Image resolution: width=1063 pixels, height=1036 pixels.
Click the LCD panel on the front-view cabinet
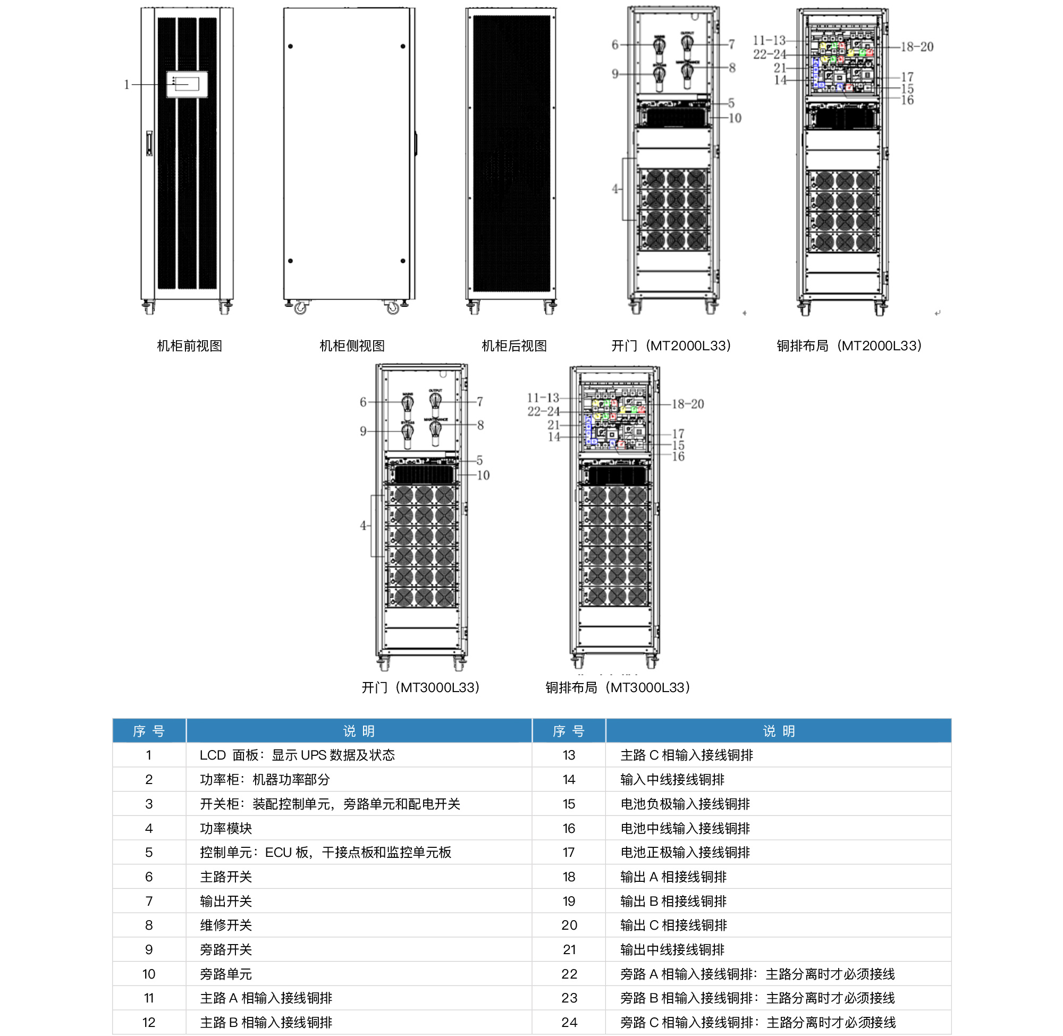pos(187,85)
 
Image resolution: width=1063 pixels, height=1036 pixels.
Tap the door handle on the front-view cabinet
pos(149,143)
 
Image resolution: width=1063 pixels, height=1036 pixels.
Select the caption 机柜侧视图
pos(351,346)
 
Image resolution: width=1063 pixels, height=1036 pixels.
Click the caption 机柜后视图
pos(514,346)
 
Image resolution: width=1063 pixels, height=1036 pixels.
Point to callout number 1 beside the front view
pos(126,85)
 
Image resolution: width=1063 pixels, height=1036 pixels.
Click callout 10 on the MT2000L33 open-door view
pos(735,118)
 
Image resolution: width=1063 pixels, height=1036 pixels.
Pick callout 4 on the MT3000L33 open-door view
pos(363,526)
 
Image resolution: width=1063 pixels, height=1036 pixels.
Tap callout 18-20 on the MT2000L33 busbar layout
pos(917,47)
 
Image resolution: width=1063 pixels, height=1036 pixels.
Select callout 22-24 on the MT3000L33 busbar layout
pos(543,411)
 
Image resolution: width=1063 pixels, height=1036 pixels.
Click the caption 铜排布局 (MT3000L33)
pos(618,688)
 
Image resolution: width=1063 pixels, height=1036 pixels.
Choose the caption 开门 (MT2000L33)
pos(671,346)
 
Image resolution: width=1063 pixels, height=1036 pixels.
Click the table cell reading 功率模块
pos(226,828)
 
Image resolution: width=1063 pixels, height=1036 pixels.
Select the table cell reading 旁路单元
pos(226,974)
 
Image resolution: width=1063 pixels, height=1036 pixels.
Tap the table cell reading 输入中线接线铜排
pos(672,780)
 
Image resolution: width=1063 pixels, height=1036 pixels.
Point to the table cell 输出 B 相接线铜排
pos(673,901)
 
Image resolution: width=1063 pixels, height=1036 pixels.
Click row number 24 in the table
pos(569,1022)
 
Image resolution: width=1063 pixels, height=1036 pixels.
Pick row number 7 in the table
pos(148,901)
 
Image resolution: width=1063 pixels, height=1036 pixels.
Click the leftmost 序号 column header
pos(148,731)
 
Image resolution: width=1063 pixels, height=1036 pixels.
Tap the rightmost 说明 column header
pos(779,731)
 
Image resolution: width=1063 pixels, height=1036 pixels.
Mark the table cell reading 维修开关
pos(226,925)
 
